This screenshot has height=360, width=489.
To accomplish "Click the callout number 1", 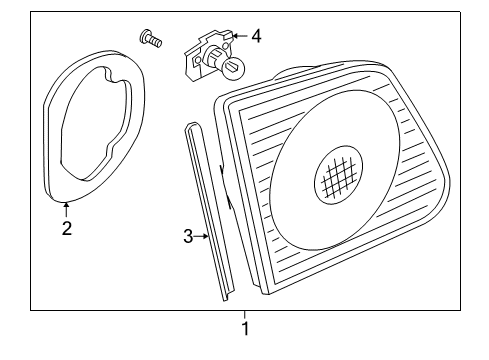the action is pyautogui.click(x=245, y=329).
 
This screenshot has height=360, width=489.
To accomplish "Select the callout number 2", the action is pyautogui.click(x=67, y=228).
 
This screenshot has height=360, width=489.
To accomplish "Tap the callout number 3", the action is pyautogui.click(x=188, y=236).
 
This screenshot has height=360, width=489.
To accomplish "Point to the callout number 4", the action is pyautogui.click(x=256, y=36).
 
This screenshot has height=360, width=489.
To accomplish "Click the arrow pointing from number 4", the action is pyautogui.click(x=240, y=36).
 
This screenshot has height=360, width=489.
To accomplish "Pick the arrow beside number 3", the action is pyautogui.click(x=201, y=236).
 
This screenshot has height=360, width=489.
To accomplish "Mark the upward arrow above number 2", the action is pyautogui.click(x=67, y=210).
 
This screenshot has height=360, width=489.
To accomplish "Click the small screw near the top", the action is pyautogui.click(x=150, y=38).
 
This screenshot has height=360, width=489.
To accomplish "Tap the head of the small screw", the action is pyautogui.click(x=144, y=36).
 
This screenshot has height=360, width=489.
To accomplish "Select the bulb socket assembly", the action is pyautogui.click(x=215, y=56).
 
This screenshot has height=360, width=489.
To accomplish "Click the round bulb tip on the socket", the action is pyautogui.click(x=234, y=69).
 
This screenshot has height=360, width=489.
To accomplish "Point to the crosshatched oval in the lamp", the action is pyautogui.click(x=338, y=174).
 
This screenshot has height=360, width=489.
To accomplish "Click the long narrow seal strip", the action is pyautogui.click(x=209, y=211).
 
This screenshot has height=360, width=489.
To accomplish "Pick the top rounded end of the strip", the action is pyautogui.click(x=193, y=126).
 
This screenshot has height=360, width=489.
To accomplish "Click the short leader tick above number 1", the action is pyautogui.click(x=245, y=314).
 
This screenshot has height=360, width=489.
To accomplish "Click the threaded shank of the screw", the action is pyautogui.click(x=155, y=42).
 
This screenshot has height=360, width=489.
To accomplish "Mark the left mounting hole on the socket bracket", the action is pyautogui.click(x=197, y=60).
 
